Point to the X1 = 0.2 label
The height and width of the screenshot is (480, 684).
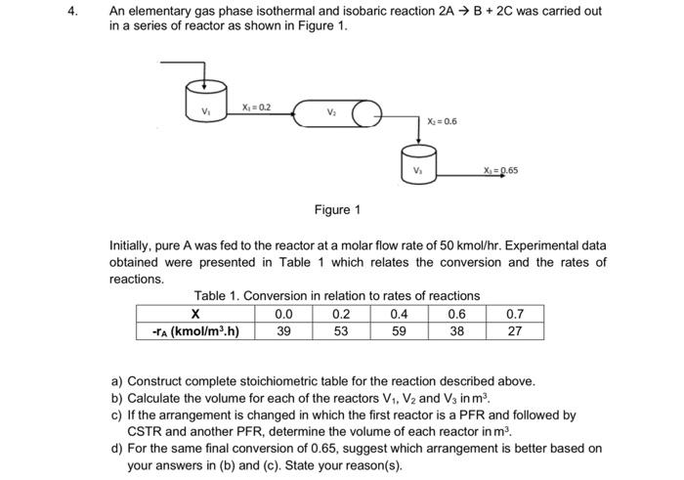(257, 106)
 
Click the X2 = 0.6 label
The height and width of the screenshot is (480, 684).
(443, 122)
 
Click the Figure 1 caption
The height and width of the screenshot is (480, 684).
(337, 209)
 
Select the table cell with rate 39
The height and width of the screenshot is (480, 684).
(283, 330)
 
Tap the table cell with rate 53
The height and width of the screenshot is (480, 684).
(340, 330)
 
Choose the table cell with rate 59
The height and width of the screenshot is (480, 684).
(398, 330)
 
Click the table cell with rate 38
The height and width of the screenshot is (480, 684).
(456, 330)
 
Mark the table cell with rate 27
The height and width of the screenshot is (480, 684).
(515, 330)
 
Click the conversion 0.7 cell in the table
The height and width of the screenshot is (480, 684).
(515, 314)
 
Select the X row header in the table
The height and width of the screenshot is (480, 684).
(195, 314)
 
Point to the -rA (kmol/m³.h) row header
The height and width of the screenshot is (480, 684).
(195, 330)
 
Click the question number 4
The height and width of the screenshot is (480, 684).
(86, 12)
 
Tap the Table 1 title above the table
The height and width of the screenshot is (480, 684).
(336, 295)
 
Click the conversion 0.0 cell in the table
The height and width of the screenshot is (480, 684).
(283, 314)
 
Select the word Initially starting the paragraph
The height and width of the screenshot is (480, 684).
(133, 245)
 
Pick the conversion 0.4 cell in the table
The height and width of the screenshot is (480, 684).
(398, 314)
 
